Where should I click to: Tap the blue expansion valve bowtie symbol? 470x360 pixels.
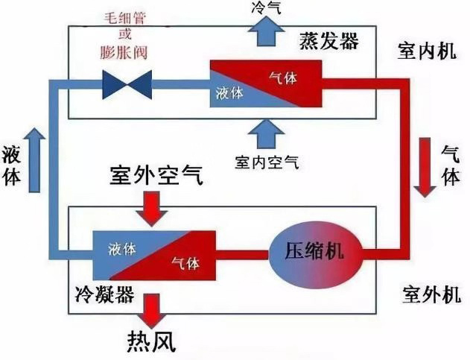[126, 85]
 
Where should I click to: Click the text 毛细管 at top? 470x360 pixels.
[126, 19]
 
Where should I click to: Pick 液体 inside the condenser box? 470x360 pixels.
[121, 249]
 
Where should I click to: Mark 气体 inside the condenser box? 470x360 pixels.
[185, 262]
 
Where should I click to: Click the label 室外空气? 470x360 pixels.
[155, 177]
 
